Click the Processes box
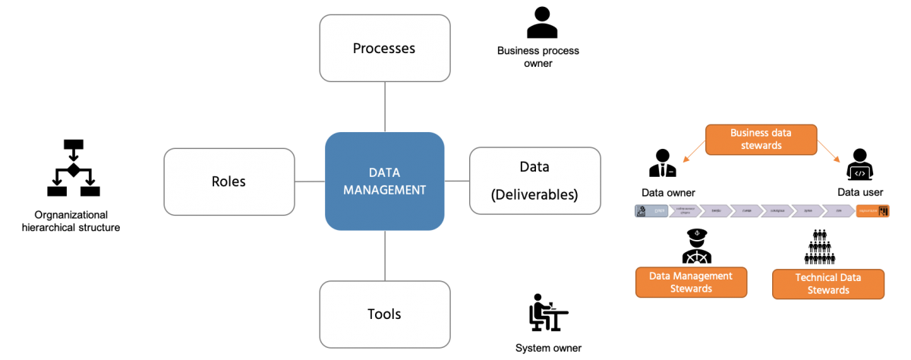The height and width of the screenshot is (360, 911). tap(384, 48)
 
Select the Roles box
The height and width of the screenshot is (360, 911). tap(229, 182)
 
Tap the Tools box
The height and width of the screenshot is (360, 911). tap(384, 314)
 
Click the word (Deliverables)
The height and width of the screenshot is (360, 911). tap(534, 195)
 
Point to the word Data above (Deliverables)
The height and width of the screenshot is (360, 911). tap(534, 166)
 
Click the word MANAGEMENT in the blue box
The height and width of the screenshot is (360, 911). tap(384, 191)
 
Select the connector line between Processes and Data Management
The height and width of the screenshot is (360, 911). tap(385, 106)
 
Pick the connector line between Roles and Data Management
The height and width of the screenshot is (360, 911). tap(309, 182)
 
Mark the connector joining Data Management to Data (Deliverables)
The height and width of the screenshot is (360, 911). tap(457, 181)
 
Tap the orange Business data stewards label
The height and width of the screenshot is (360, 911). tap(761, 139)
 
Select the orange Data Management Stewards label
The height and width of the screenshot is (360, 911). tap(691, 282)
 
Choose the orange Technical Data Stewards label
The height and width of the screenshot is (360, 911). tap(827, 284)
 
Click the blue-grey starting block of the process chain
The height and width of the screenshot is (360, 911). tap(652, 211)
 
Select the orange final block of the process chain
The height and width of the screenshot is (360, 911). tap(872, 211)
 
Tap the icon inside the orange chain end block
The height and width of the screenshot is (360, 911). tap(883, 211)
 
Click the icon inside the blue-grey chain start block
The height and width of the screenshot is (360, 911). tap(642, 211)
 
